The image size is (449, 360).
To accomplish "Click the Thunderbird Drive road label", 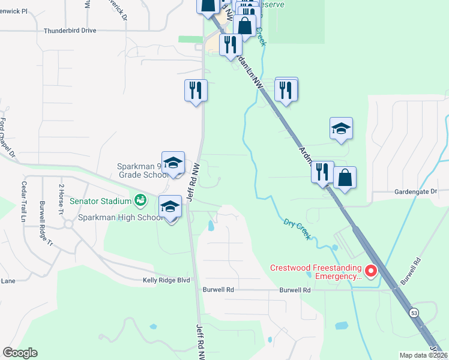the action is coord(70,30).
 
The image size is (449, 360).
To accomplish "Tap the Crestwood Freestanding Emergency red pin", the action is coord(370,272).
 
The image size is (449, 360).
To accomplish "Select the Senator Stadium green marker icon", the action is coord(140,199).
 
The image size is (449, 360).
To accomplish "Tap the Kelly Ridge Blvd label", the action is coord(166,280).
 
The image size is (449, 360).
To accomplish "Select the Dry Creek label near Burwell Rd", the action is coord(298,229).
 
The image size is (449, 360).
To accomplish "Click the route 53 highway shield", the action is coord(414,313).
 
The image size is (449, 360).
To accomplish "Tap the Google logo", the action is coord(20,353).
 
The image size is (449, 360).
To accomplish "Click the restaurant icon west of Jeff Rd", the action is coord(196,91).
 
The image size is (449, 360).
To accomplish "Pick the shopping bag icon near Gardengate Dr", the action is coord(345,178).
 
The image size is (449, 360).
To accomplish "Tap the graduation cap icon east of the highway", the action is coord(341,128).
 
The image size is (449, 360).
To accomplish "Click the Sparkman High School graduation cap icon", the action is coord(170,207).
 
